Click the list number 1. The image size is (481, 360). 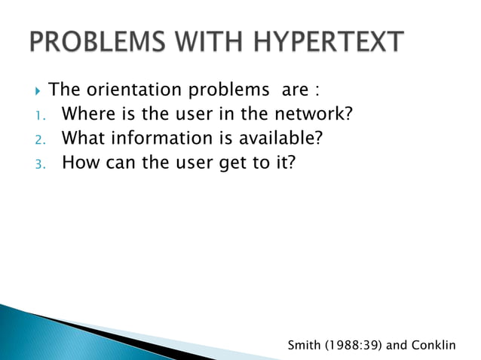pos(38,116)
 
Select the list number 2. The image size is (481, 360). pos(39,139)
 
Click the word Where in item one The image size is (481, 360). pos(86,114)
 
